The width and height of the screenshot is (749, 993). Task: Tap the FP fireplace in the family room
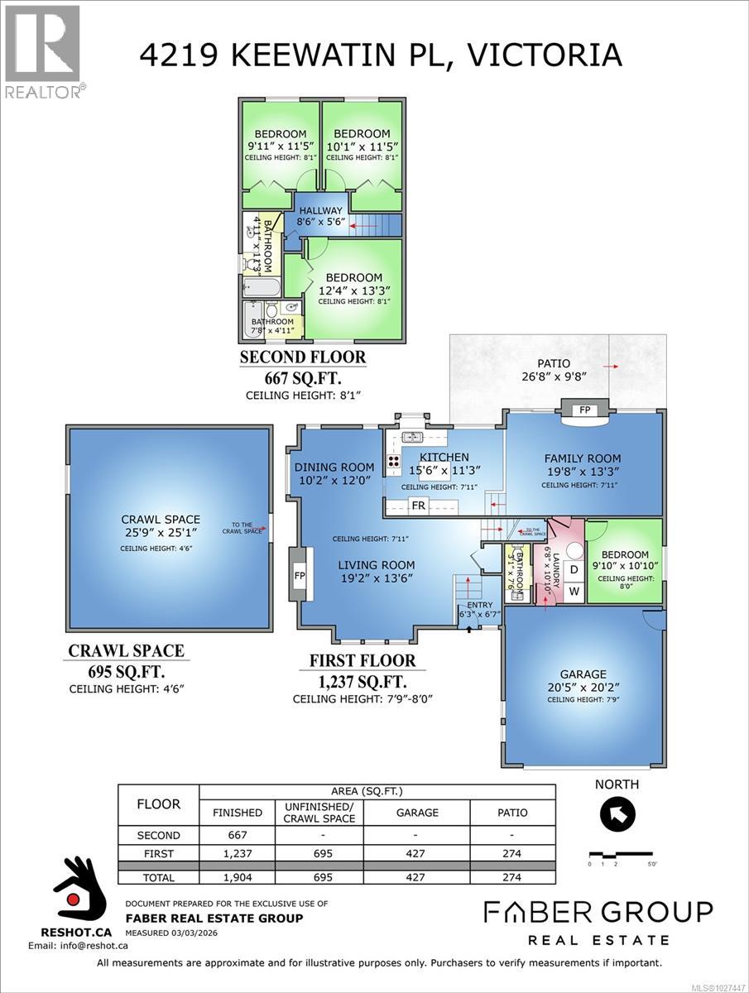point(584,409)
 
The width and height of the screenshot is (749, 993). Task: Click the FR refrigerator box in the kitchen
point(419,505)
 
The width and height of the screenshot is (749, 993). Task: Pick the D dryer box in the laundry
point(573,570)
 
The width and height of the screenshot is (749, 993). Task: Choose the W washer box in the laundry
point(573,592)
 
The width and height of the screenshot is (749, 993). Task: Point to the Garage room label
point(583,674)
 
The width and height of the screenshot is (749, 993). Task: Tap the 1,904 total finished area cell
point(238,877)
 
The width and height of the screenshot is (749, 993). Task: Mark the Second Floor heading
point(302,358)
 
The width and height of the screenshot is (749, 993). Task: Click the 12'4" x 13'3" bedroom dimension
point(353,290)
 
